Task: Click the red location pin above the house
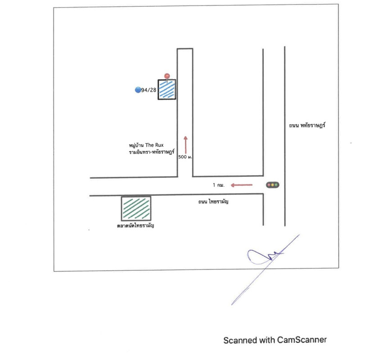[167, 76]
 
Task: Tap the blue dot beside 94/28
[138, 90]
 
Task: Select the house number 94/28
[149, 90]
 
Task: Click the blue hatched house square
[167, 90]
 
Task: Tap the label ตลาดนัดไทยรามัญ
[135, 225]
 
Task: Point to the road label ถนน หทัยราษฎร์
[307, 126]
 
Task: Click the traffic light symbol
[273, 184]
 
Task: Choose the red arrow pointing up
[185, 144]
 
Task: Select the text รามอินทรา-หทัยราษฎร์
[151, 152]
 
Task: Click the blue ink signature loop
[257, 256]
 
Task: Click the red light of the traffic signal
[269, 184]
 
